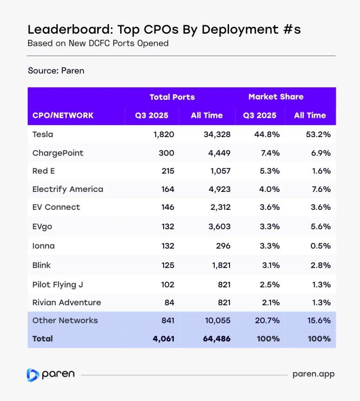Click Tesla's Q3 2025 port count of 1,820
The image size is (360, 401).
(164, 134)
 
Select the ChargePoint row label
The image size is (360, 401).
(58, 153)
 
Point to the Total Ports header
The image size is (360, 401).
(172, 97)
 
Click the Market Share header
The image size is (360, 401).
(276, 97)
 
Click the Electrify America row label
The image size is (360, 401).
(68, 189)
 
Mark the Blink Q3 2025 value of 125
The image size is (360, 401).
(167, 265)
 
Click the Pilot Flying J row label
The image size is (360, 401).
(58, 285)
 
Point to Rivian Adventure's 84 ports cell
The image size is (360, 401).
(169, 302)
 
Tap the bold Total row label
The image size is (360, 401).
(43, 339)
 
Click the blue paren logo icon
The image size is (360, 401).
(33, 375)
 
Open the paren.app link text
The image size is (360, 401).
(313, 374)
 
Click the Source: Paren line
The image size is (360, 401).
(56, 71)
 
